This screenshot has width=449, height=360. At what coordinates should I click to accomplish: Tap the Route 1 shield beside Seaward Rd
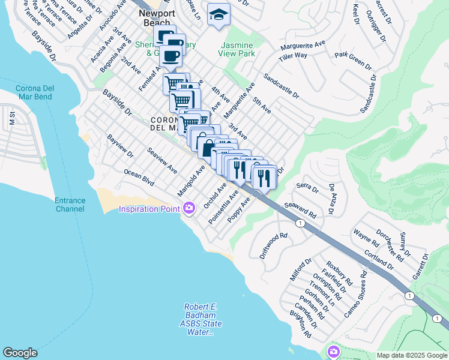[298, 223]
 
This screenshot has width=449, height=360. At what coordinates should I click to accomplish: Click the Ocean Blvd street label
[139, 176]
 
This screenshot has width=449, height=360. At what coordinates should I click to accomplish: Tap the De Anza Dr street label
[331, 199]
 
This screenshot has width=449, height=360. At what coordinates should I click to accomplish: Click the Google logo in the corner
[20, 353]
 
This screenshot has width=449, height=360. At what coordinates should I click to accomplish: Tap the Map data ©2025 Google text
[412, 355]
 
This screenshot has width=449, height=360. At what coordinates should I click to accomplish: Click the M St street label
[11, 118]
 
